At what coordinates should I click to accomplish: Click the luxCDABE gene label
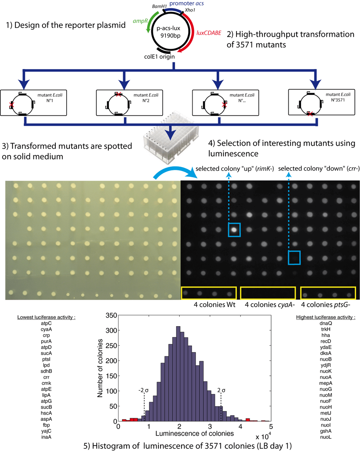[209, 33]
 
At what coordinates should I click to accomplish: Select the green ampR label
[140, 21]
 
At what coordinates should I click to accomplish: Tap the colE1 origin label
[159, 56]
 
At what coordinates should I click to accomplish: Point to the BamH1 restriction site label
[159, 6]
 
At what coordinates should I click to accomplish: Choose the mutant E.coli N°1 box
[33, 103]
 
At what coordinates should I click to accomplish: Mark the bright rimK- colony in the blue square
[234, 229]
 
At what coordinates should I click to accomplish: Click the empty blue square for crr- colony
[294, 258]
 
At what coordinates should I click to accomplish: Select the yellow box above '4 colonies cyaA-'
[268, 293]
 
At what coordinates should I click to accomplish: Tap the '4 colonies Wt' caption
[214, 305]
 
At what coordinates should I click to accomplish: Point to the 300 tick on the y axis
[112, 330]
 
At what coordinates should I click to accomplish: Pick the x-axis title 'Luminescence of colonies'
[194, 433]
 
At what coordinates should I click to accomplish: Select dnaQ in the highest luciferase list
[325, 323]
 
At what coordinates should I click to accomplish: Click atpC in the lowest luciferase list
[46, 323]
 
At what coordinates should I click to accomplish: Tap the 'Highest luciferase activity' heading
[325, 317]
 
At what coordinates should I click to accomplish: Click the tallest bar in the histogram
[178, 374]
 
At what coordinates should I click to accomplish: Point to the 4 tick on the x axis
[240, 427]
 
